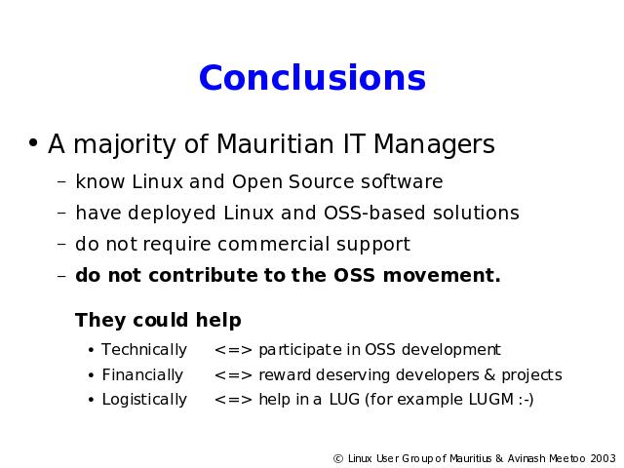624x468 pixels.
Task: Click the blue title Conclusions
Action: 312,77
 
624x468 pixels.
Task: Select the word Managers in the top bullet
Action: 434,145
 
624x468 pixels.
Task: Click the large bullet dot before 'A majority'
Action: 33,142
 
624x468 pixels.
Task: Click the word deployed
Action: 172,214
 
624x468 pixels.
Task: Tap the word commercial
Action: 273,244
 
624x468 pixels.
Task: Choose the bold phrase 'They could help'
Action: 158,321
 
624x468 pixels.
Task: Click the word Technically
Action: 144,350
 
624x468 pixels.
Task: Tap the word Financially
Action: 142,375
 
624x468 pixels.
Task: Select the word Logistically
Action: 144,400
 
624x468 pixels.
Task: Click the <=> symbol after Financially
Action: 233,375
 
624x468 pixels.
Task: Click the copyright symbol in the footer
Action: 338,459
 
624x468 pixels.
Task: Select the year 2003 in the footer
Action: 603,459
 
